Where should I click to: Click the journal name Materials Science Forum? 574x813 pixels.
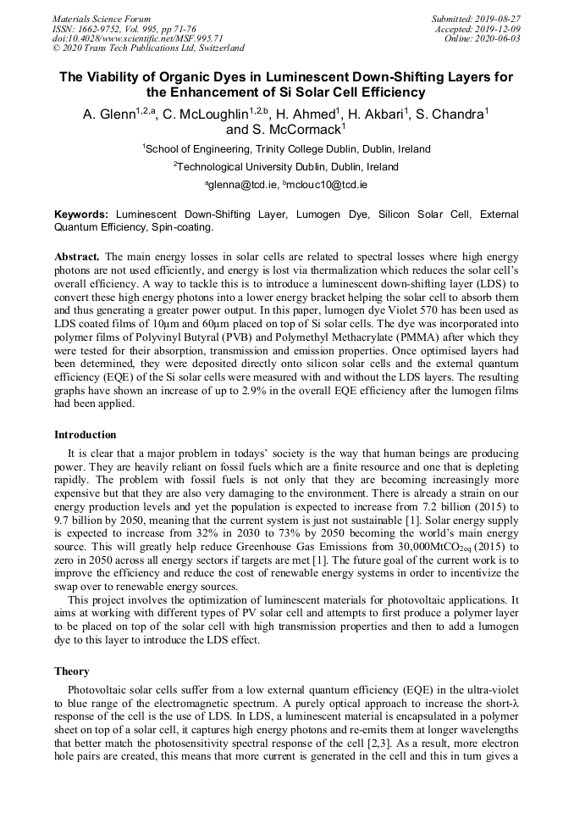(102, 19)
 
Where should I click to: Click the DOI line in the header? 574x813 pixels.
(138, 38)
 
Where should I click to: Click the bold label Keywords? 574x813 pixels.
(82, 215)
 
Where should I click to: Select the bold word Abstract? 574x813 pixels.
(77, 256)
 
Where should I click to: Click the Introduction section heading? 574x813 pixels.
(86, 435)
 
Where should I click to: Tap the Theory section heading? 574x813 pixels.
(72, 671)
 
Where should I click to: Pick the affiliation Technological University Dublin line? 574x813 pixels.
(286, 167)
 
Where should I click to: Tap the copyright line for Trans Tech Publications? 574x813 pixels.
(148, 48)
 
